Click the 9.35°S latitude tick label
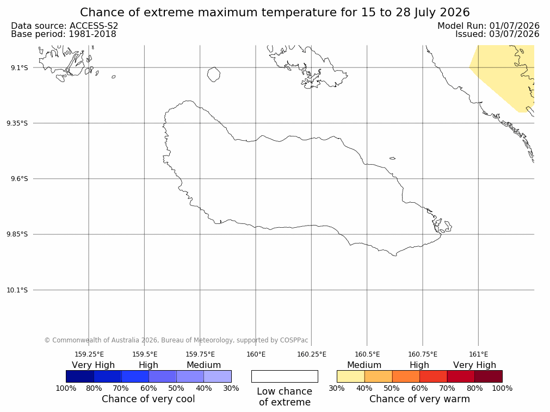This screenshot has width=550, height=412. (x=17, y=123)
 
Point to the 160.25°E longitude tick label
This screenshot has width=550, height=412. (x=312, y=354)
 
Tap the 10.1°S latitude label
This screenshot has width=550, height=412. (x=17, y=290)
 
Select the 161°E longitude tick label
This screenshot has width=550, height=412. (x=478, y=354)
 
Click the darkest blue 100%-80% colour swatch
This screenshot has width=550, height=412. (x=80, y=376)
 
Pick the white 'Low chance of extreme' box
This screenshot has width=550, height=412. (x=285, y=376)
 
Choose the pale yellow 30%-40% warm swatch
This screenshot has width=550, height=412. (x=351, y=376)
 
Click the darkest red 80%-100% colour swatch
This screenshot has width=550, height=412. (x=489, y=376)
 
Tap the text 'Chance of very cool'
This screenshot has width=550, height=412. (x=149, y=399)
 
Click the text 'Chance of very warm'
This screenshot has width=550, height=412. (x=419, y=399)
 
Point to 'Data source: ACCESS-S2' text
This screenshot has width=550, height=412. (x=65, y=26)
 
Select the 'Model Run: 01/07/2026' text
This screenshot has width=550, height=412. (x=489, y=26)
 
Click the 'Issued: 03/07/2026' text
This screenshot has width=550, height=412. (x=497, y=34)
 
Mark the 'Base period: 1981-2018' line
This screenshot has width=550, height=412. (x=64, y=34)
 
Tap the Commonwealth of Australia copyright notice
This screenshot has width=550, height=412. (x=176, y=340)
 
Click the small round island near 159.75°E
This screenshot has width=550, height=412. (x=214, y=74)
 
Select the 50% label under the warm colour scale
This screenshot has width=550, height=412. (x=392, y=388)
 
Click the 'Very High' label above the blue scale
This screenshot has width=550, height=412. (x=94, y=365)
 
